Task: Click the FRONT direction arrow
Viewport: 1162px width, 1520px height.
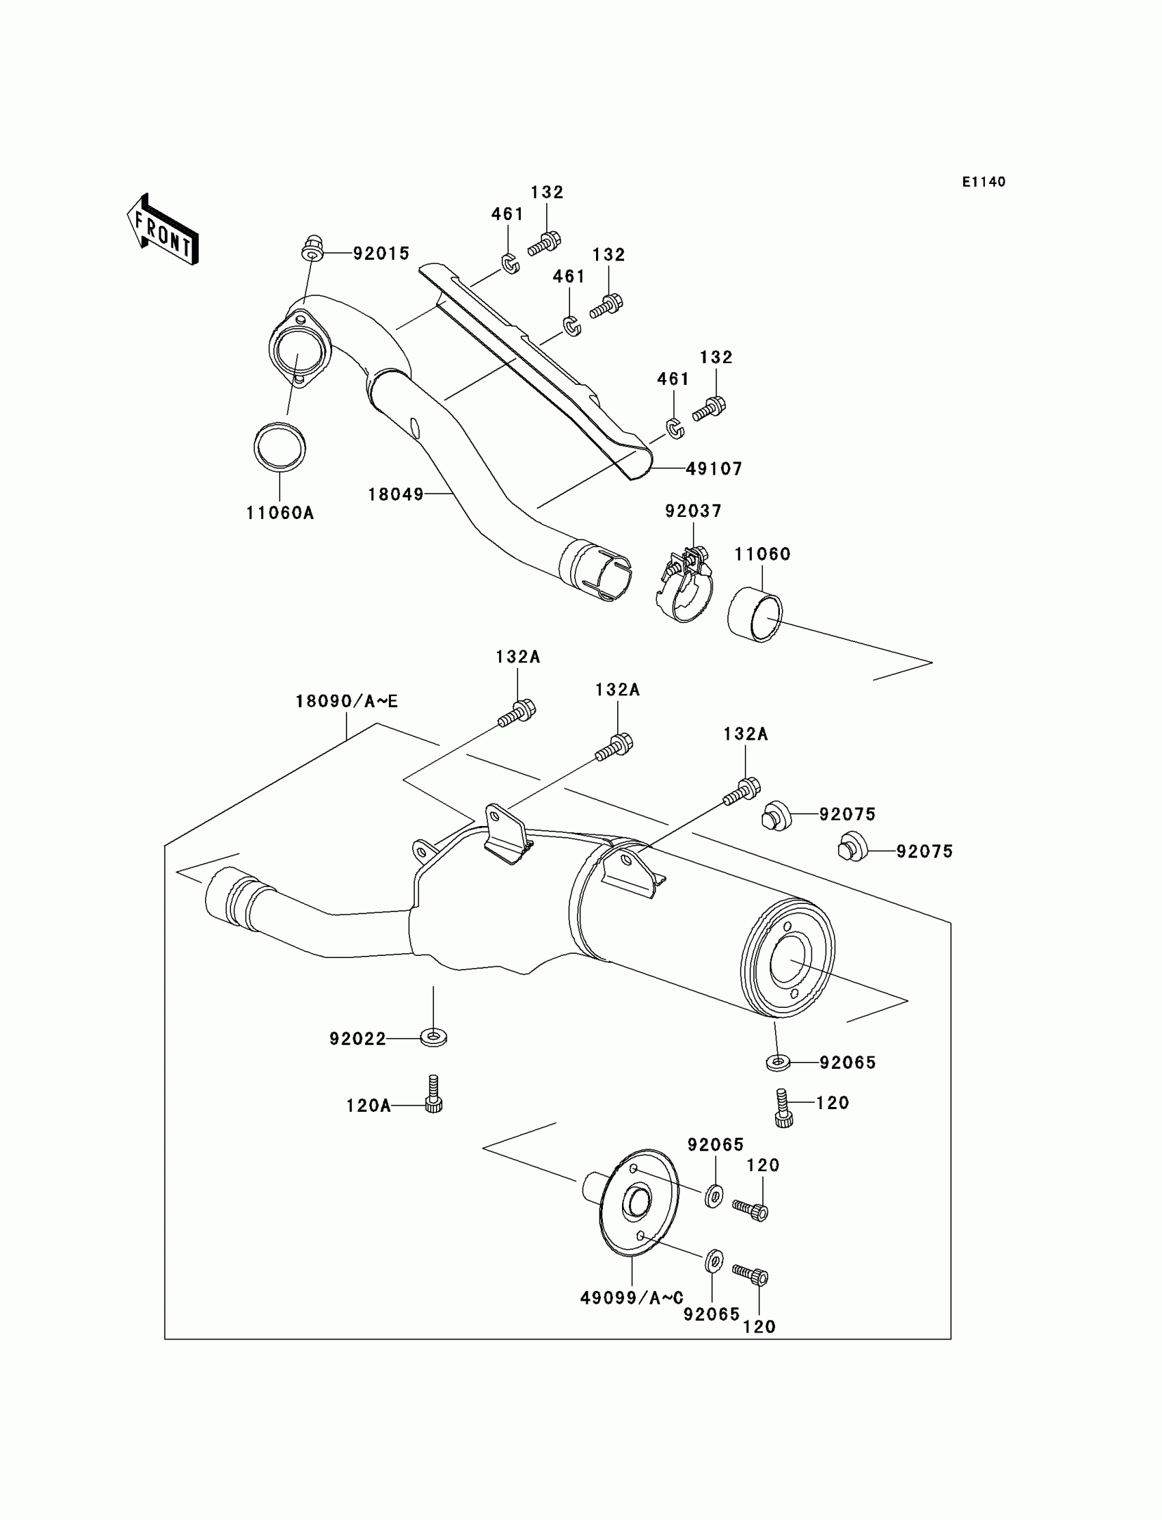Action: coord(163,230)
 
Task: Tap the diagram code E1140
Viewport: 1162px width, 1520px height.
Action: coord(984,182)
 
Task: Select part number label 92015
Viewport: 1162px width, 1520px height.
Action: coord(381,254)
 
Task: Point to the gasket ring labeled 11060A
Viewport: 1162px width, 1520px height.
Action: coord(280,447)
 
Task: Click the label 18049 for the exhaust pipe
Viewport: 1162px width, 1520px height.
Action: coord(395,494)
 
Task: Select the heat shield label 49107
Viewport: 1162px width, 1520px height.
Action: coord(714,469)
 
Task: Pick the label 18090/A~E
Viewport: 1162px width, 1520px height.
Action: coord(347,701)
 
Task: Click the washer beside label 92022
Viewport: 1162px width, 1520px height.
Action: coord(433,1038)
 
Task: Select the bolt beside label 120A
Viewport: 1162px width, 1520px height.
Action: coord(433,1093)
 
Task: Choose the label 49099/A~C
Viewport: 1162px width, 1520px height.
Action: coord(632,1298)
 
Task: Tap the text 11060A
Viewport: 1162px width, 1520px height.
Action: coord(280,513)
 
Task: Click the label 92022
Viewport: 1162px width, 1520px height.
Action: coord(357,1039)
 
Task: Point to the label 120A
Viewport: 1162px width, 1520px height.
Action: coord(368,1106)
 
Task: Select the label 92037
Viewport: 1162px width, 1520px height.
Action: coord(693,511)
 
